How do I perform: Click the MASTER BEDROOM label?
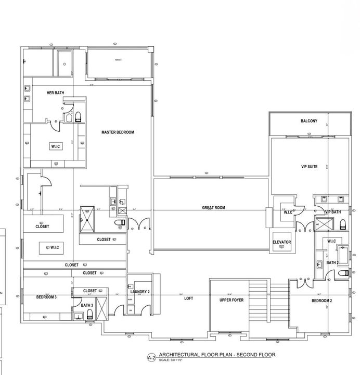(x=118, y=132)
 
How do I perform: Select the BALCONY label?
(x=308, y=121)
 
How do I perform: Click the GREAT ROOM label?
(x=213, y=207)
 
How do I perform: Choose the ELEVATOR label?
(x=281, y=243)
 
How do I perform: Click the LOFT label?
(x=188, y=299)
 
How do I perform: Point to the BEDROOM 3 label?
(x=46, y=297)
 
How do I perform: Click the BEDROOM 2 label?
(x=322, y=301)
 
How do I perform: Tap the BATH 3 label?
(x=87, y=305)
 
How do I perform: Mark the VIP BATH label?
(x=333, y=212)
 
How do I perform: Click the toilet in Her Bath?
(x=78, y=117)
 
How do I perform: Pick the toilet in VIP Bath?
(x=342, y=224)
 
